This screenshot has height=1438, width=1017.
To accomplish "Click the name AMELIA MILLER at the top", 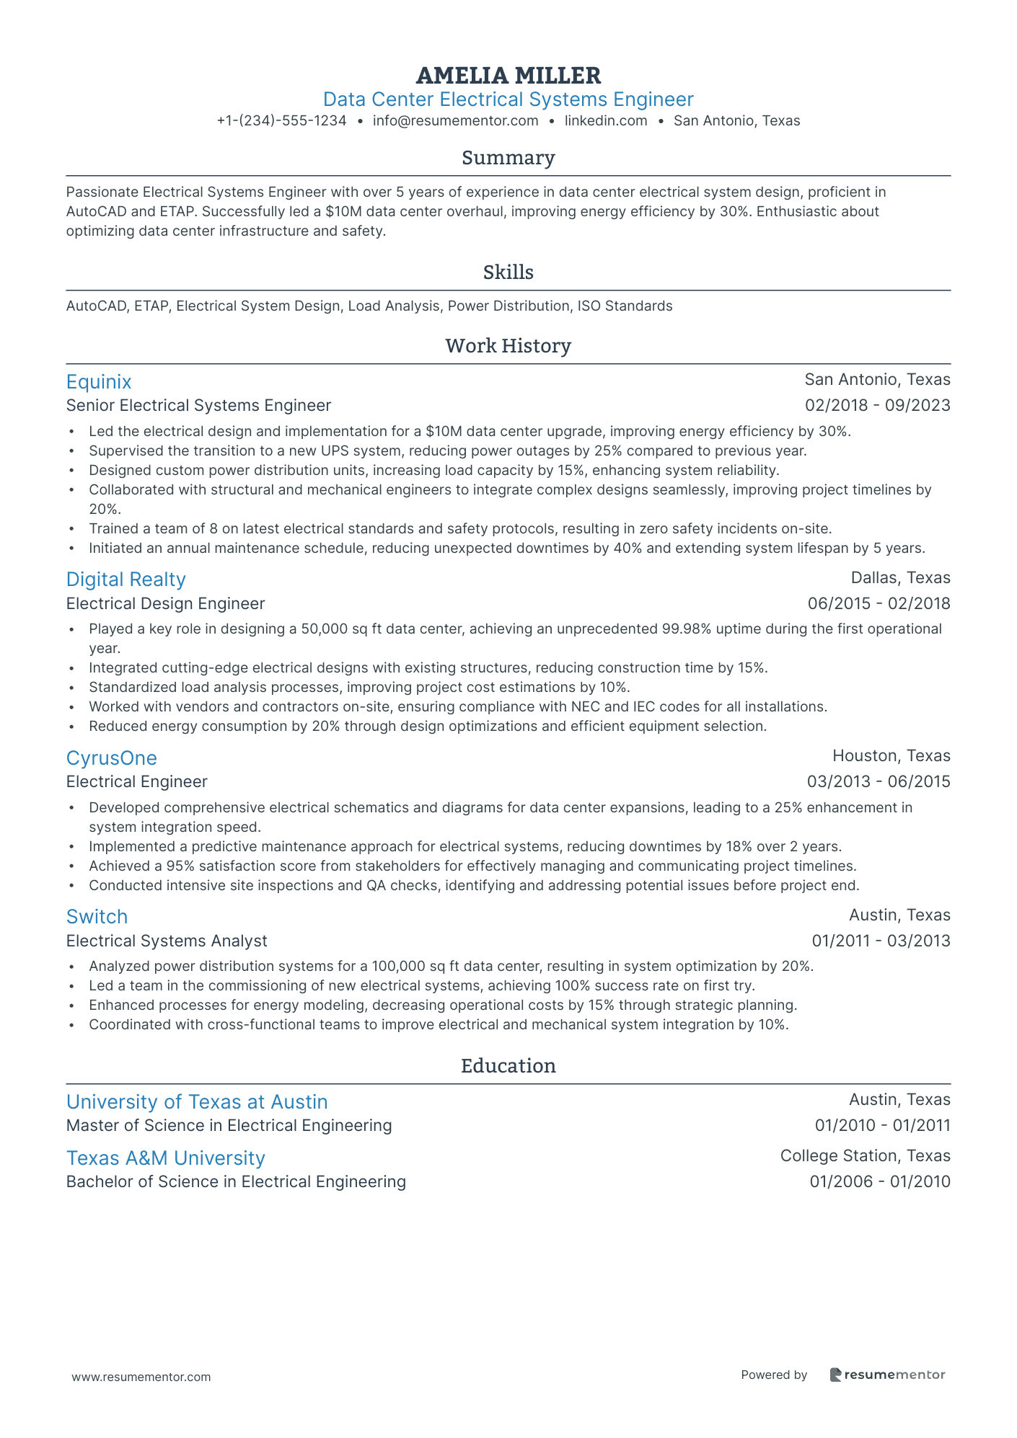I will click(508, 76).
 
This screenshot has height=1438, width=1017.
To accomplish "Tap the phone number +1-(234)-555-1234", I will click(281, 121).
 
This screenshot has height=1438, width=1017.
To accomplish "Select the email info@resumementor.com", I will click(455, 121).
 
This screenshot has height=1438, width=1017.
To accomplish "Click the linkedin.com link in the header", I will click(606, 121).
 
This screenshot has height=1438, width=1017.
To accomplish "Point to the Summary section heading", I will click(508, 158).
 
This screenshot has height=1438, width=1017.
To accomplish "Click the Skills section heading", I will click(508, 272).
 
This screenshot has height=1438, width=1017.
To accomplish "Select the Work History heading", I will click(508, 346).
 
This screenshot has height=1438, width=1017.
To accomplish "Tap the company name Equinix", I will click(99, 382).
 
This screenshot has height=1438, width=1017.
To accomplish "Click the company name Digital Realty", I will click(126, 580).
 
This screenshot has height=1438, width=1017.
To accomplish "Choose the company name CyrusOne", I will click(111, 758).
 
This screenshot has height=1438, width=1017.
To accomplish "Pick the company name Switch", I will click(97, 917).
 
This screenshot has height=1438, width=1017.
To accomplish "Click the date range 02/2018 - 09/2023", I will click(877, 406).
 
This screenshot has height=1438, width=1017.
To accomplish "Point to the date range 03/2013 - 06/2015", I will click(878, 782).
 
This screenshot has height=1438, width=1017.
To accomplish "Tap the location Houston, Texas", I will click(891, 756).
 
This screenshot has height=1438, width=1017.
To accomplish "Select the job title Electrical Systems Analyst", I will click(167, 941).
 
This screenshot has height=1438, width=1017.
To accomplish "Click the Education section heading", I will click(508, 1066).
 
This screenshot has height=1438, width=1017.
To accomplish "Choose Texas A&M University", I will click(165, 1158).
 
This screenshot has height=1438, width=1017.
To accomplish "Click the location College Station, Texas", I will click(865, 1156).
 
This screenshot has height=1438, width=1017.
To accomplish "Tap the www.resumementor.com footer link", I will click(141, 1377).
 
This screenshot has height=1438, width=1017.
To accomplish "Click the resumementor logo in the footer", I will click(887, 1375).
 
